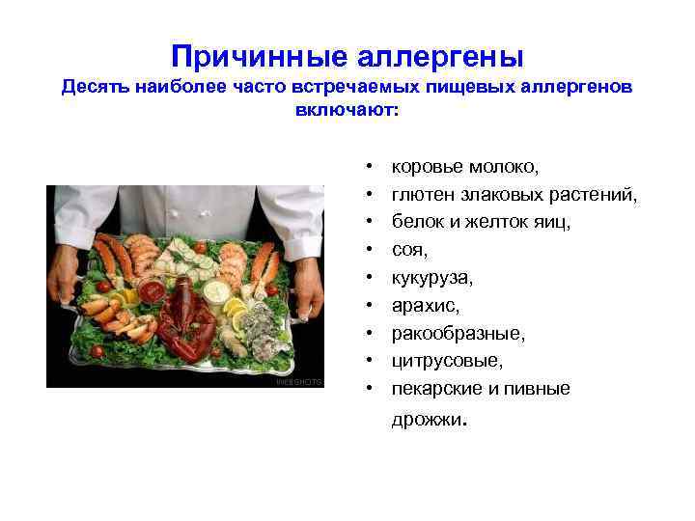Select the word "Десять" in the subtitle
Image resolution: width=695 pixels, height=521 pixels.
click(96, 88)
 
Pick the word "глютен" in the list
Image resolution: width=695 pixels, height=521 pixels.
click(423, 194)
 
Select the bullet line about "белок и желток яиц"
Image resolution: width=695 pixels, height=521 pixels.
click(481, 222)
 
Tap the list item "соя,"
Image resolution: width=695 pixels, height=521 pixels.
click(409, 249)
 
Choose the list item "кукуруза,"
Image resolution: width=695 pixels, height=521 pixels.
click(432, 277)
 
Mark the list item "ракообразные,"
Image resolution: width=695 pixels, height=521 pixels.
click(445, 333)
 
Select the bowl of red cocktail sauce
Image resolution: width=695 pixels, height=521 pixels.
click(151, 288)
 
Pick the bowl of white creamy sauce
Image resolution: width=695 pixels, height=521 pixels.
click(216, 289)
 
